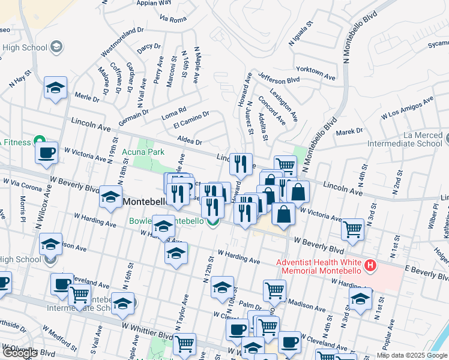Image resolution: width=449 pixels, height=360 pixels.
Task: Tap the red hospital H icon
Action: [x=371, y=265]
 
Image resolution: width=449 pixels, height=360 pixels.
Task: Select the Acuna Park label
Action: [x=144, y=152]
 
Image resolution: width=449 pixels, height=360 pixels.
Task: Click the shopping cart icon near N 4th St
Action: [x=353, y=228]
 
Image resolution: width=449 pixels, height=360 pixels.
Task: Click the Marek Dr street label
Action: [x=349, y=131]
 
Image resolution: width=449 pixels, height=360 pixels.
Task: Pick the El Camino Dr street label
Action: [x=191, y=119]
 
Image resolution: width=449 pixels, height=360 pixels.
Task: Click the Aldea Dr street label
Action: [x=189, y=142]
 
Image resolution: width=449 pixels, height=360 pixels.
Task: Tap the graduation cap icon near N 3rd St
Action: [x=361, y=298]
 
